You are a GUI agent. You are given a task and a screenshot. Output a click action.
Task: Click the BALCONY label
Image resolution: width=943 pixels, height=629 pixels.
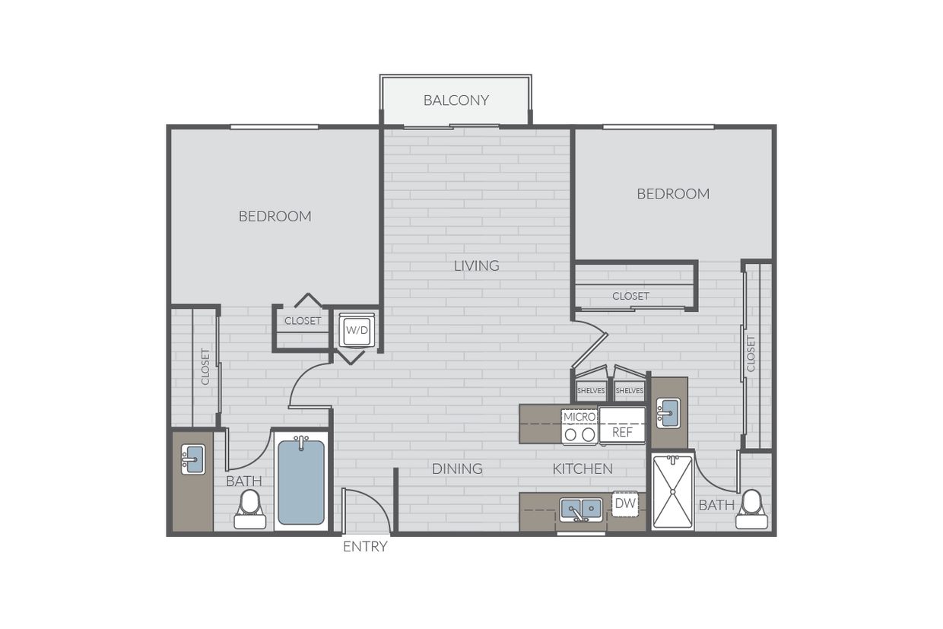[x=456, y=100]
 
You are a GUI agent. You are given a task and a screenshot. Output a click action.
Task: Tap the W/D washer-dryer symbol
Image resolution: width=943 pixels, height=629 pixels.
[x=357, y=330]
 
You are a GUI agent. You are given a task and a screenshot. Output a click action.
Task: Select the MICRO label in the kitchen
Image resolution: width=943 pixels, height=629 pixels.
[x=579, y=417]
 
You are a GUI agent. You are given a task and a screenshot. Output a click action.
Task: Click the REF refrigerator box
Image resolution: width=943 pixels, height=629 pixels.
[x=622, y=425]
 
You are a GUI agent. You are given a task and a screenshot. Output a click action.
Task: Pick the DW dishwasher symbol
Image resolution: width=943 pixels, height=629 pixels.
[x=625, y=504]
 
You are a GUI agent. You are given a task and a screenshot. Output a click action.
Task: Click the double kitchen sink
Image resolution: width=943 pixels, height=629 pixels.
[x=580, y=510]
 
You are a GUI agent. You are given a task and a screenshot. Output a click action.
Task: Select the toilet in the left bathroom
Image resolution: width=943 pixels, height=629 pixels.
[x=250, y=509]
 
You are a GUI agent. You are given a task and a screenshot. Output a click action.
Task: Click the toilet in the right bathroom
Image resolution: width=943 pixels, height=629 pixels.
[x=752, y=509]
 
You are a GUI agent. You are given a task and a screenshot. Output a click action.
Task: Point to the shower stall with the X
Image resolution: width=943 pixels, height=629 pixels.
[x=672, y=492]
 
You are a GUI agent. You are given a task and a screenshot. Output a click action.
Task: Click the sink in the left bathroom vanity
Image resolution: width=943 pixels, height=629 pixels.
[x=193, y=459]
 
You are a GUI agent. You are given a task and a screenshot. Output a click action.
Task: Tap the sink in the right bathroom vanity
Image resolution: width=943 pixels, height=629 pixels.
[x=668, y=413]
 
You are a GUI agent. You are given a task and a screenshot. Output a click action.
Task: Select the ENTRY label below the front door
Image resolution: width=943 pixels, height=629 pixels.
[x=365, y=547]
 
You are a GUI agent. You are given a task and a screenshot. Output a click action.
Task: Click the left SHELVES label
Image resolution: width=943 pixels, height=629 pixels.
[x=591, y=391]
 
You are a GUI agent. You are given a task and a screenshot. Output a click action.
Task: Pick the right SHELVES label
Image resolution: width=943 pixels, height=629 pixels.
[x=630, y=391]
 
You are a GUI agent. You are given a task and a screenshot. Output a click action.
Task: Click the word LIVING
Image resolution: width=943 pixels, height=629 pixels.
[x=477, y=265]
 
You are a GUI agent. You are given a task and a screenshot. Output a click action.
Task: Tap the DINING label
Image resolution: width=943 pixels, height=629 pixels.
[x=457, y=469]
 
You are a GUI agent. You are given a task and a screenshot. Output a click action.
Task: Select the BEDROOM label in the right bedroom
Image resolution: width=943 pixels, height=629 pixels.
[x=673, y=194]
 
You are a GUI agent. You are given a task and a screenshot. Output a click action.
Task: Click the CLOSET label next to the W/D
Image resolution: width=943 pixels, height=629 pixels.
[x=303, y=321]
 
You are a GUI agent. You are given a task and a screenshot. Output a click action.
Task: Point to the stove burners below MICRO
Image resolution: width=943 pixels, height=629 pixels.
[x=579, y=434]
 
